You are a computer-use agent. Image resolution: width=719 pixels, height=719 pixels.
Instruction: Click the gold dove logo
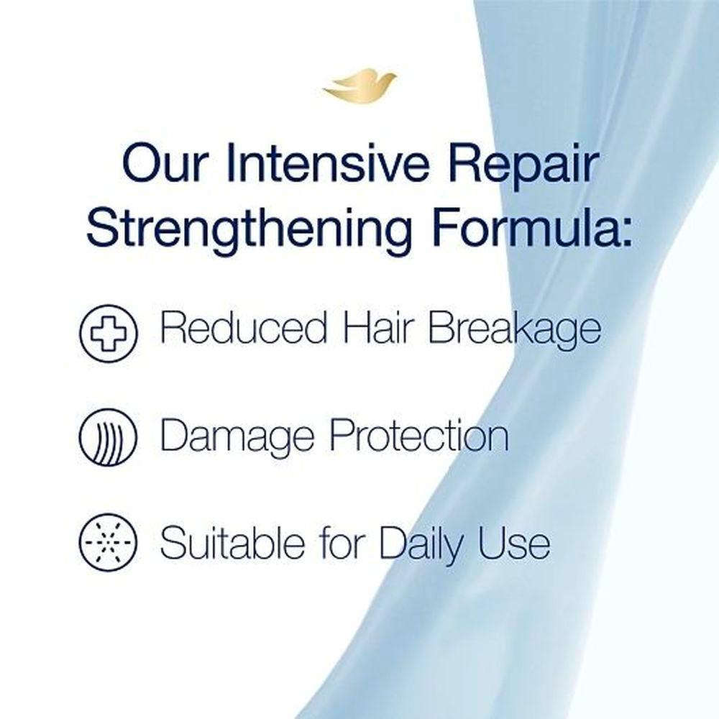(359, 86)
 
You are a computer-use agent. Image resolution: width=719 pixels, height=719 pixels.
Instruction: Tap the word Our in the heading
(163, 163)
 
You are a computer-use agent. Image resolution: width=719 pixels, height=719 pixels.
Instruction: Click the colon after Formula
(623, 233)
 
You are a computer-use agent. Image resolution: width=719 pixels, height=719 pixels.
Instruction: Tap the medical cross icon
(109, 334)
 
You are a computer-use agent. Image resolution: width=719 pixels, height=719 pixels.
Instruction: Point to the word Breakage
(514, 331)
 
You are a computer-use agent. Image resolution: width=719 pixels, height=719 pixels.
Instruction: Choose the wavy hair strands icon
(109, 437)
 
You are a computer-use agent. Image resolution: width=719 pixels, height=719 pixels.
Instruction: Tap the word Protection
(419, 435)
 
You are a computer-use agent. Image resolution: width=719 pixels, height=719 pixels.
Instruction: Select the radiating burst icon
(109, 542)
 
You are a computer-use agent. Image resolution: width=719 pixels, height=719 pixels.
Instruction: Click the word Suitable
(232, 542)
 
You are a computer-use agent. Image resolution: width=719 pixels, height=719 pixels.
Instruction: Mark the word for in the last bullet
(342, 542)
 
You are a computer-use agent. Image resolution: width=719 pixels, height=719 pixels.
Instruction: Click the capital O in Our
(141, 163)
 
